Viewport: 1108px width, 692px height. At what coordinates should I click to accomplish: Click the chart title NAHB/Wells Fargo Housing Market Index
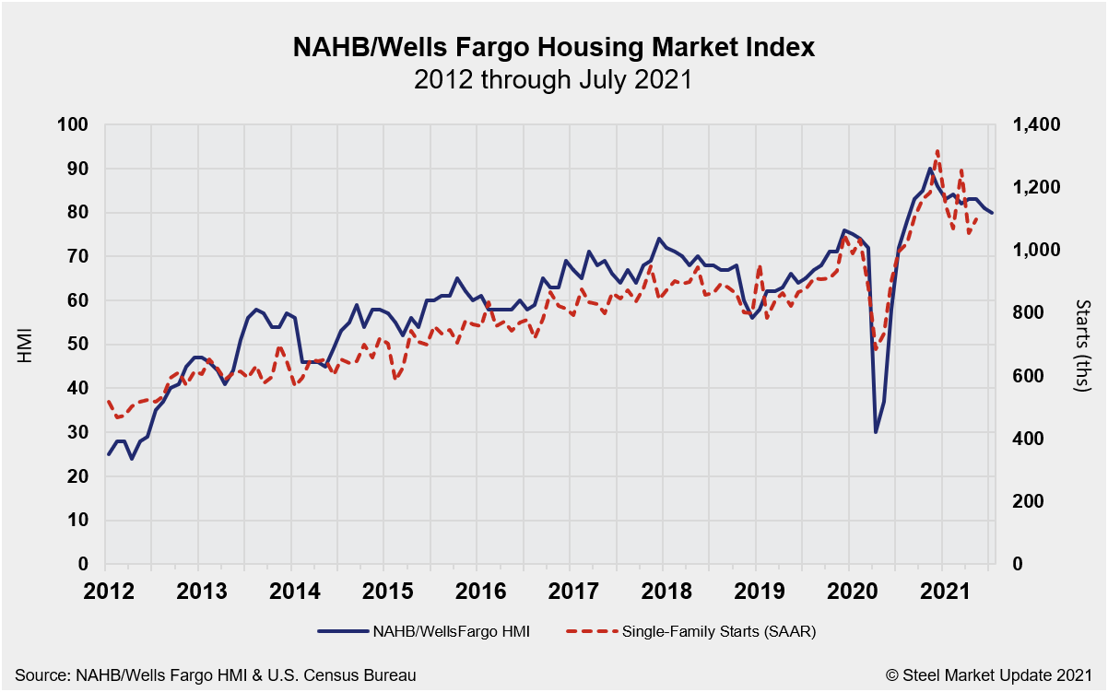[553, 47]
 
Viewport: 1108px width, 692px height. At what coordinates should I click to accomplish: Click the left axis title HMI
[25, 345]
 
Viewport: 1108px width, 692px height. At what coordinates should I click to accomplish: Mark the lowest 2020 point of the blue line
[875, 432]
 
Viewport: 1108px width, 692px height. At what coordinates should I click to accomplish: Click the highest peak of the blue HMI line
[929, 169]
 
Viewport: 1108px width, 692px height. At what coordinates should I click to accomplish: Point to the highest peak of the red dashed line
[937, 150]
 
